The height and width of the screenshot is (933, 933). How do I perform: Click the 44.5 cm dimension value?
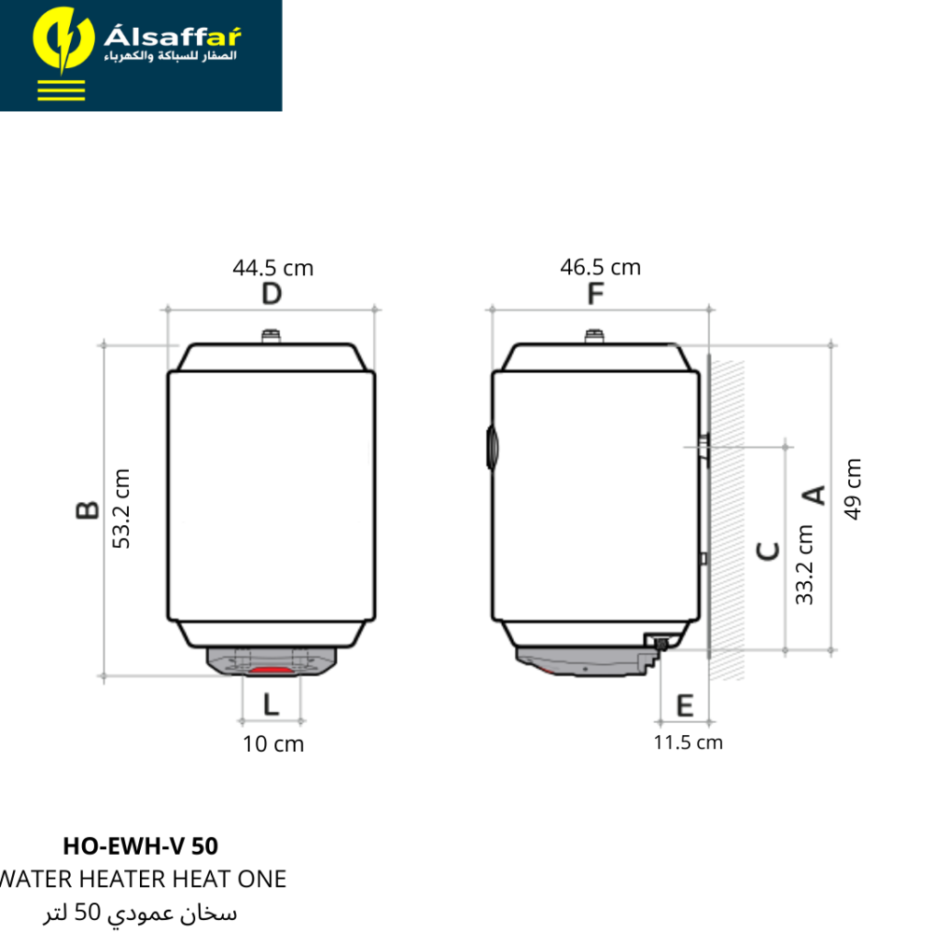pos(273,268)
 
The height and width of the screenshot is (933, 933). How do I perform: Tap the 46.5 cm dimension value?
pos(600,267)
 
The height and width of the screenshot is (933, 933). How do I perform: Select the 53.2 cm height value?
pos(120,508)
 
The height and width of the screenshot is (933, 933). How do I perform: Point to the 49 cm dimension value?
pos(852,489)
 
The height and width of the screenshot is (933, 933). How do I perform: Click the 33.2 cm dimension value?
pos(804,564)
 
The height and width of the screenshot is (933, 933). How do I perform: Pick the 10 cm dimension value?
pos(273,744)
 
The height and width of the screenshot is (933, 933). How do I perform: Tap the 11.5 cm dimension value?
pos(688,743)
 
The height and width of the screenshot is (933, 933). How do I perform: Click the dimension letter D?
pos(272,294)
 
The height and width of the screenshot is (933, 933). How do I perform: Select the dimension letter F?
pos(595,294)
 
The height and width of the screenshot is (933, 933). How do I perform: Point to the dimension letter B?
pos(88,510)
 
